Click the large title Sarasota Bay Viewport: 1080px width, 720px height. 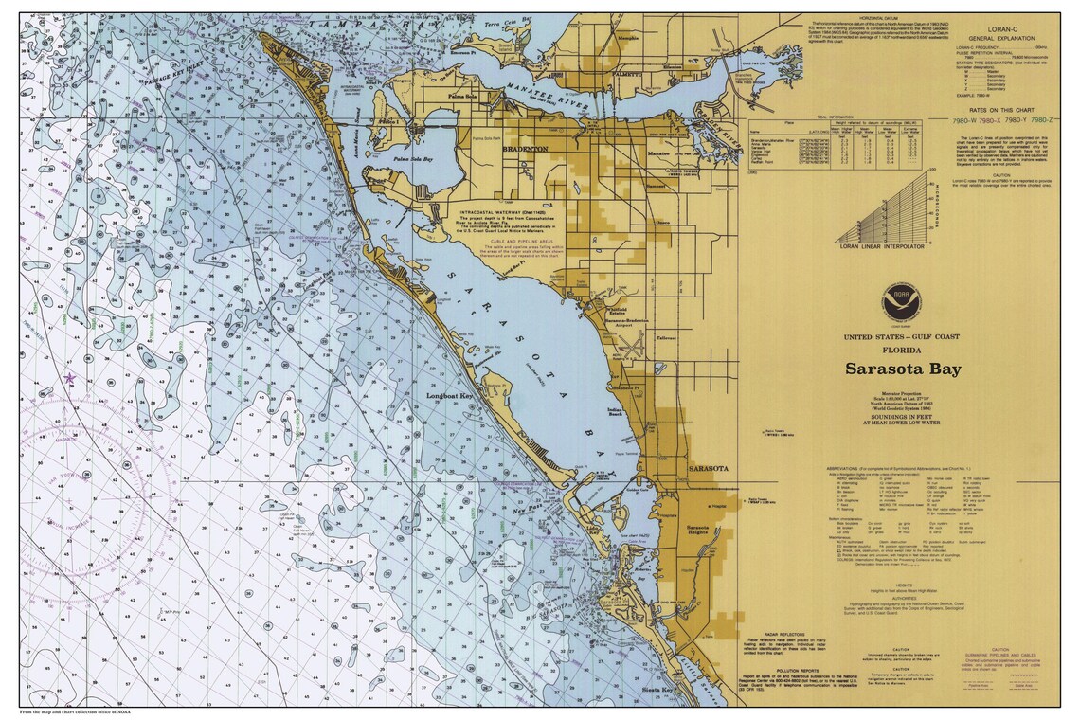903,369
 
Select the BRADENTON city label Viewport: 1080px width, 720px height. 527,150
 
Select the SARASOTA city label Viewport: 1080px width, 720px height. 707,469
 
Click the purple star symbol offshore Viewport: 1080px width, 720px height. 68,378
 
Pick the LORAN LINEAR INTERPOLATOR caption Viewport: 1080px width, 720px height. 881,246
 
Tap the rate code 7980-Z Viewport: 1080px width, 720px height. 1040,120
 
